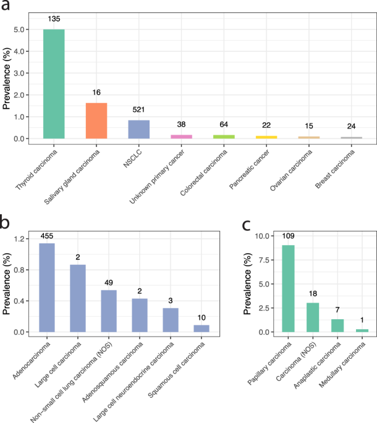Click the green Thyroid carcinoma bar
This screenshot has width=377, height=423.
pyautogui.click(x=54, y=84)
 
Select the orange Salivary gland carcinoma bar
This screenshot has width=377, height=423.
pyautogui.click(x=96, y=120)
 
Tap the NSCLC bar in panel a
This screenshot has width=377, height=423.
pyautogui.click(x=139, y=129)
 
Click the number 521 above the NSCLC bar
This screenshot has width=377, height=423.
pyautogui.click(x=139, y=109)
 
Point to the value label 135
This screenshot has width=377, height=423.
pyautogui.click(x=54, y=19)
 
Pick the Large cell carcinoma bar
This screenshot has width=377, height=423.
pyautogui.click(x=78, y=298)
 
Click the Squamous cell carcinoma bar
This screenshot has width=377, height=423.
pyautogui.click(x=201, y=329)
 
